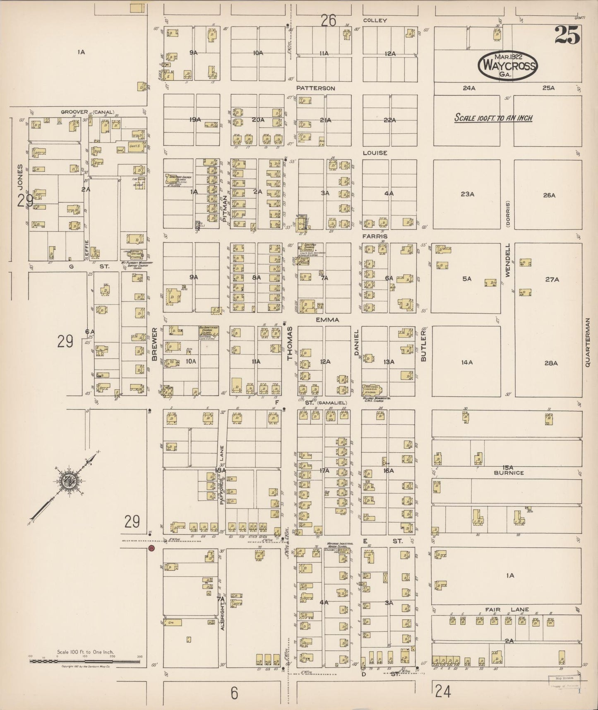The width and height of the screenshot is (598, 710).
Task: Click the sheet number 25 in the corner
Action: pos(567,35)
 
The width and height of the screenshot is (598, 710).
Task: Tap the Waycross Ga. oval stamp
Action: pos(507,65)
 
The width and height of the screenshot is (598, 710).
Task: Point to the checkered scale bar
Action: pos(86,661)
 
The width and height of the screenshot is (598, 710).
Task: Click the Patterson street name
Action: pos(315,88)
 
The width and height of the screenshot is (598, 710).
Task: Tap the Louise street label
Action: pos(375,153)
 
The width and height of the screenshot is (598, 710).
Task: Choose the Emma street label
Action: pos(327,320)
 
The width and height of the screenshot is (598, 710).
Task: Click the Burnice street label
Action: pos(509,473)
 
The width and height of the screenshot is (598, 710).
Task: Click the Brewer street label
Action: pos(155,345)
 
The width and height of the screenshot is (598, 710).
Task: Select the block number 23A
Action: pos(467,193)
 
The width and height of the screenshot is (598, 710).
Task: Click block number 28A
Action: pos(551,363)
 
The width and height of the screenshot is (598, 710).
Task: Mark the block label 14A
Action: pos(466,362)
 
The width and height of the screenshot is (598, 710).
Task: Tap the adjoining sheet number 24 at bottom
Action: pos(442,691)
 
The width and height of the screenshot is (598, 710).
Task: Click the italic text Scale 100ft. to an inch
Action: pos(493,118)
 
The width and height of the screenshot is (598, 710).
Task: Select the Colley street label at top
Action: pos(375,20)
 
